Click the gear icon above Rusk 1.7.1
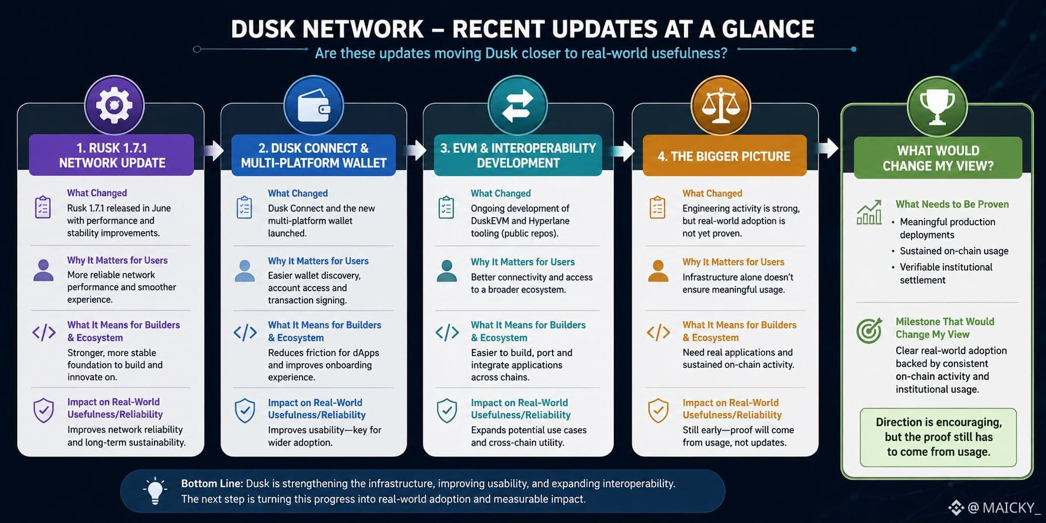point(114,106)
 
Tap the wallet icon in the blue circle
point(314,105)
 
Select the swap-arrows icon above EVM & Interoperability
point(517,106)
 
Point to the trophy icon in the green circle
point(937,107)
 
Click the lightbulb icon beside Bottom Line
point(155,491)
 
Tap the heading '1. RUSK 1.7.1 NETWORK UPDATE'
point(112,156)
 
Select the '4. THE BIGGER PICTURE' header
point(724,156)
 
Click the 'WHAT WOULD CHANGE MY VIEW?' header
point(938,158)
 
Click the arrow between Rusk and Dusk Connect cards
point(213,150)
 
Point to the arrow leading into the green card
point(828,148)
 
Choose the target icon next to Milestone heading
point(869,330)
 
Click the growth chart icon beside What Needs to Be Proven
point(869,212)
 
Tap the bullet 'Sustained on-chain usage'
point(954,251)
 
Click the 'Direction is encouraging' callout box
point(938,437)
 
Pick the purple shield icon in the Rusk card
point(44,410)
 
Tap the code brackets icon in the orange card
point(658,333)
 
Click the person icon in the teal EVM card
point(447,271)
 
